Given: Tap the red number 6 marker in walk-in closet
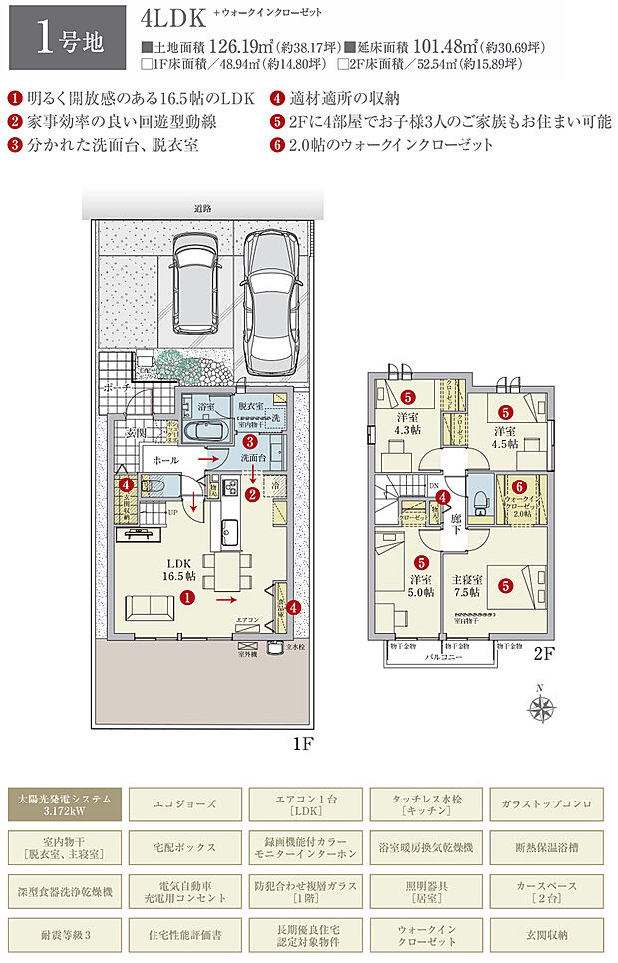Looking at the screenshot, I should pos(519,485).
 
